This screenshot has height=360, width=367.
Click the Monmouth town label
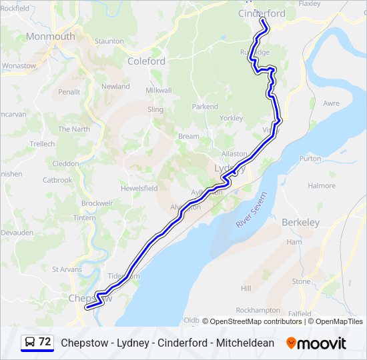(50, 37)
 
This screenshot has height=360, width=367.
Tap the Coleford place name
(146, 61)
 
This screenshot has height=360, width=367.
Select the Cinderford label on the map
(262, 13)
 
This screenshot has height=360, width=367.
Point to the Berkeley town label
(300, 222)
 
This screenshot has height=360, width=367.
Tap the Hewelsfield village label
(139, 189)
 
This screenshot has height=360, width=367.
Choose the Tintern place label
(85, 218)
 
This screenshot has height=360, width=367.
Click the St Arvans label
(67, 269)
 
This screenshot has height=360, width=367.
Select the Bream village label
(188, 136)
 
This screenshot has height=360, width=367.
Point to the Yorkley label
(231, 118)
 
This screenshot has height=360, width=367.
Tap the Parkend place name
(205, 107)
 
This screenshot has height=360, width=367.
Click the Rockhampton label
(258, 310)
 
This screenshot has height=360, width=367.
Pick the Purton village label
(310, 159)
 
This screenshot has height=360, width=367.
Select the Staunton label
(109, 41)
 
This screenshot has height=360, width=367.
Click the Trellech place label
(42, 143)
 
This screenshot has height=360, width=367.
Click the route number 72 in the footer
(45, 341)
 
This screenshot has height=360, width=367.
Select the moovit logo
(316, 343)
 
